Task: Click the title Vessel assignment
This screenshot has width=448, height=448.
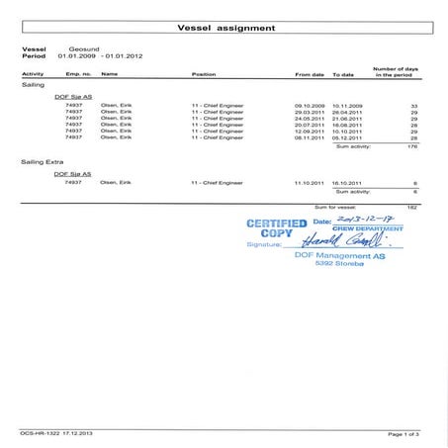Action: pos(224,29)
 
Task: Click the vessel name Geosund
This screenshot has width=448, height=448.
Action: pos(83,47)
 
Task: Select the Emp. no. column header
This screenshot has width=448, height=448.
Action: pos(78,74)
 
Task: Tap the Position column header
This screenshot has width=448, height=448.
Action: pos(204,74)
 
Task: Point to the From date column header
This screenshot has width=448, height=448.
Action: pos(310,74)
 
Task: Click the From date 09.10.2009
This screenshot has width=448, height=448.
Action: pos(311,103)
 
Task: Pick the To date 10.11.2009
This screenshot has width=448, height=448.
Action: pos(348,103)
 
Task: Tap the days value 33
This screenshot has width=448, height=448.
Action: pos(414,103)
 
